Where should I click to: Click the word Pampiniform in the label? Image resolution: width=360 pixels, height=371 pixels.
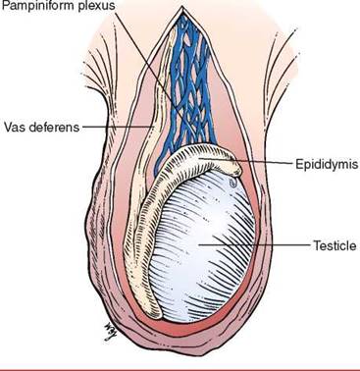tap(38, 6)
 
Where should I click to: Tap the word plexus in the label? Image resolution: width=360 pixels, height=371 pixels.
tap(97, 5)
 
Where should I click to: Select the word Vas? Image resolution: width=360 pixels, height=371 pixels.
tap(15, 127)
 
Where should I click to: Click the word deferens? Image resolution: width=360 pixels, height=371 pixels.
tap(54, 127)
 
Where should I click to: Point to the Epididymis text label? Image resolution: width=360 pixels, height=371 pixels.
tap(327, 164)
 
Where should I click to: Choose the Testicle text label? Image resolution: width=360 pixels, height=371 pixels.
tap(334, 245)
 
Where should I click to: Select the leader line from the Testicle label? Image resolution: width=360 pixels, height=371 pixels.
tap(254, 244)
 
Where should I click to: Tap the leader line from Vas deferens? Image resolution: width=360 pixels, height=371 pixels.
tap(118, 126)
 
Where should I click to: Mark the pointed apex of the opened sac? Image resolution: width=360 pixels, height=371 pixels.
tap(181, 7)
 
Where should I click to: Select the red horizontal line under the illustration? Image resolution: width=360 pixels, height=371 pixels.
tap(180, 369)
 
